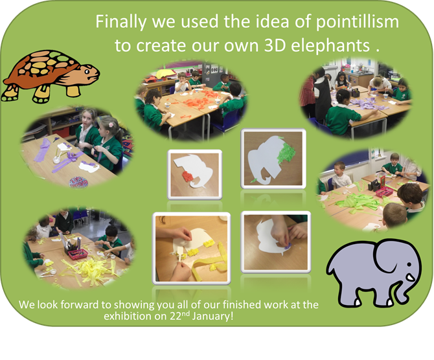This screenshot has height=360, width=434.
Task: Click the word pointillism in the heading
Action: pyautogui.click(x=358, y=22)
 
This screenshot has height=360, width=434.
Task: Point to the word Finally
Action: pyautogui.click(x=120, y=22)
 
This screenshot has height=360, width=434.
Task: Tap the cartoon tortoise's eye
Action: pyautogui.click(x=87, y=72)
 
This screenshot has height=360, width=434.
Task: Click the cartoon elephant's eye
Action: pyautogui.click(x=409, y=265)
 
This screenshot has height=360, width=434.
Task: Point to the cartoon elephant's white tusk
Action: pyautogui.click(x=410, y=277)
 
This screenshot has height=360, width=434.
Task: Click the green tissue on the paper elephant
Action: pyautogui.click(x=287, y=152)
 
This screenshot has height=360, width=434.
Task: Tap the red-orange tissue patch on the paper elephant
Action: pyautogui.click(x=188, y=176)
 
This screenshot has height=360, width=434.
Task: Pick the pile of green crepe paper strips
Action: pyautogui.click(x=357, y=201)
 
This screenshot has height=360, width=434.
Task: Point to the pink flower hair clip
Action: pyautogui.click(x=111, y=125)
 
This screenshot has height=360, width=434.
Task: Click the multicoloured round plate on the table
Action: pyautogui.click(x=78, y=182)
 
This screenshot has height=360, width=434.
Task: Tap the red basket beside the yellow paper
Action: pyautogui.click(x=78, y=254)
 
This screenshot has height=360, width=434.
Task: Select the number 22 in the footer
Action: pyautogui.click(x=175, y=316)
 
